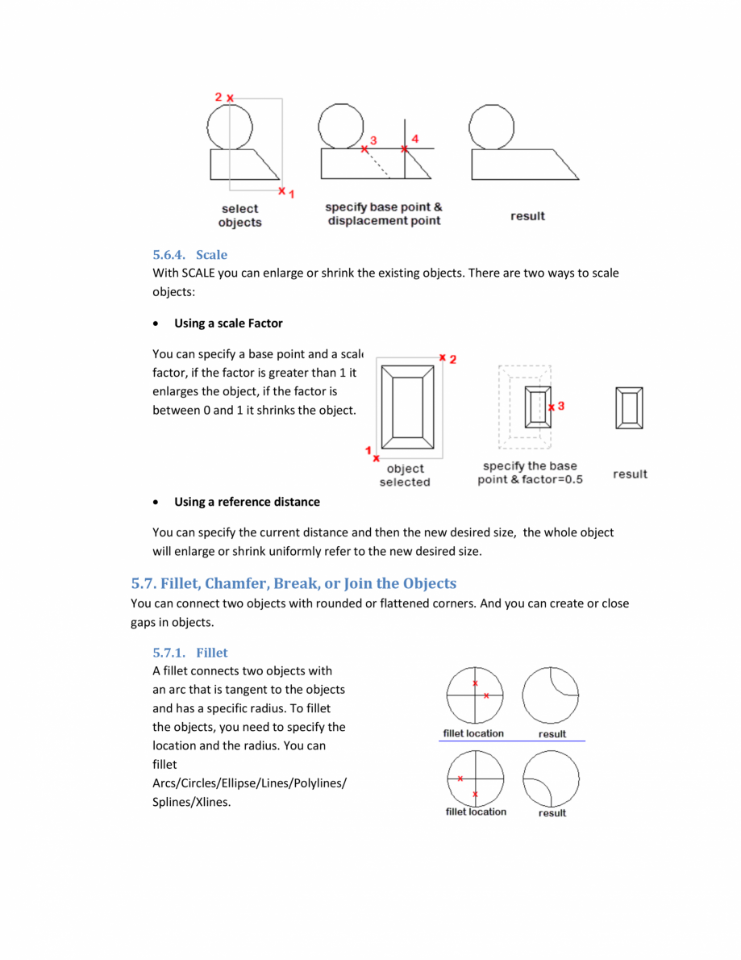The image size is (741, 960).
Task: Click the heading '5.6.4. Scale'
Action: tap(190, 255)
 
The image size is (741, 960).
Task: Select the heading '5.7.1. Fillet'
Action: tap(190, 653)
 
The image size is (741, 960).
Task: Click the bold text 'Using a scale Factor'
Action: tap(228, 323)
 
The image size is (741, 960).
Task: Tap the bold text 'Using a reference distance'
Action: tap(247, 502)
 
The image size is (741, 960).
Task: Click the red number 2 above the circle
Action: tap(219, 97)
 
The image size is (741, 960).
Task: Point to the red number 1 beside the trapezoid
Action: tap(291, 194)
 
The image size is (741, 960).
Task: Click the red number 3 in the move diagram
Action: tap(373, 140)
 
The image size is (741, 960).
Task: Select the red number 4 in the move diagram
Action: tap(414, 139)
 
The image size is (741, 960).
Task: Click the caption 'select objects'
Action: tap(239, 215)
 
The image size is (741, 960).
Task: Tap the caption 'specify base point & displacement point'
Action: tap(384, 214)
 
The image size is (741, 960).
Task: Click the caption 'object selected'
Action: tap(405, 475)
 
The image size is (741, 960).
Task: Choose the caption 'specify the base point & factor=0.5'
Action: tap(530, 473)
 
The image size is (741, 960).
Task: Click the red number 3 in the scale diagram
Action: tap(560, 406)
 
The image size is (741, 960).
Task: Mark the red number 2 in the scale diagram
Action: tap(452, 359)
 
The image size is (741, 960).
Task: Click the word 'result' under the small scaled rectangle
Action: tap(630, 474)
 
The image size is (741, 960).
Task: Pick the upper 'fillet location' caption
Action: tap(473, 733)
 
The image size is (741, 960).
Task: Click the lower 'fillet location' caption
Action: tap(476, 812)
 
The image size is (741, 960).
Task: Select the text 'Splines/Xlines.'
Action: tap(192, 802)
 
